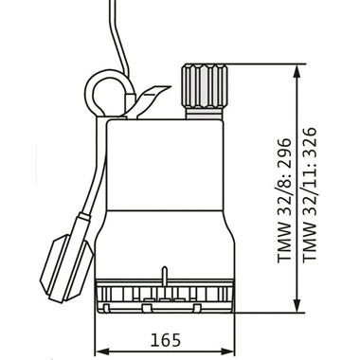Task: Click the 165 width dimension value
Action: (165, 340)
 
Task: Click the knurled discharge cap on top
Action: (205, 85)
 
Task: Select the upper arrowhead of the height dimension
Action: (297, 71)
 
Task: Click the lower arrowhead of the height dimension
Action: (297, 305)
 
